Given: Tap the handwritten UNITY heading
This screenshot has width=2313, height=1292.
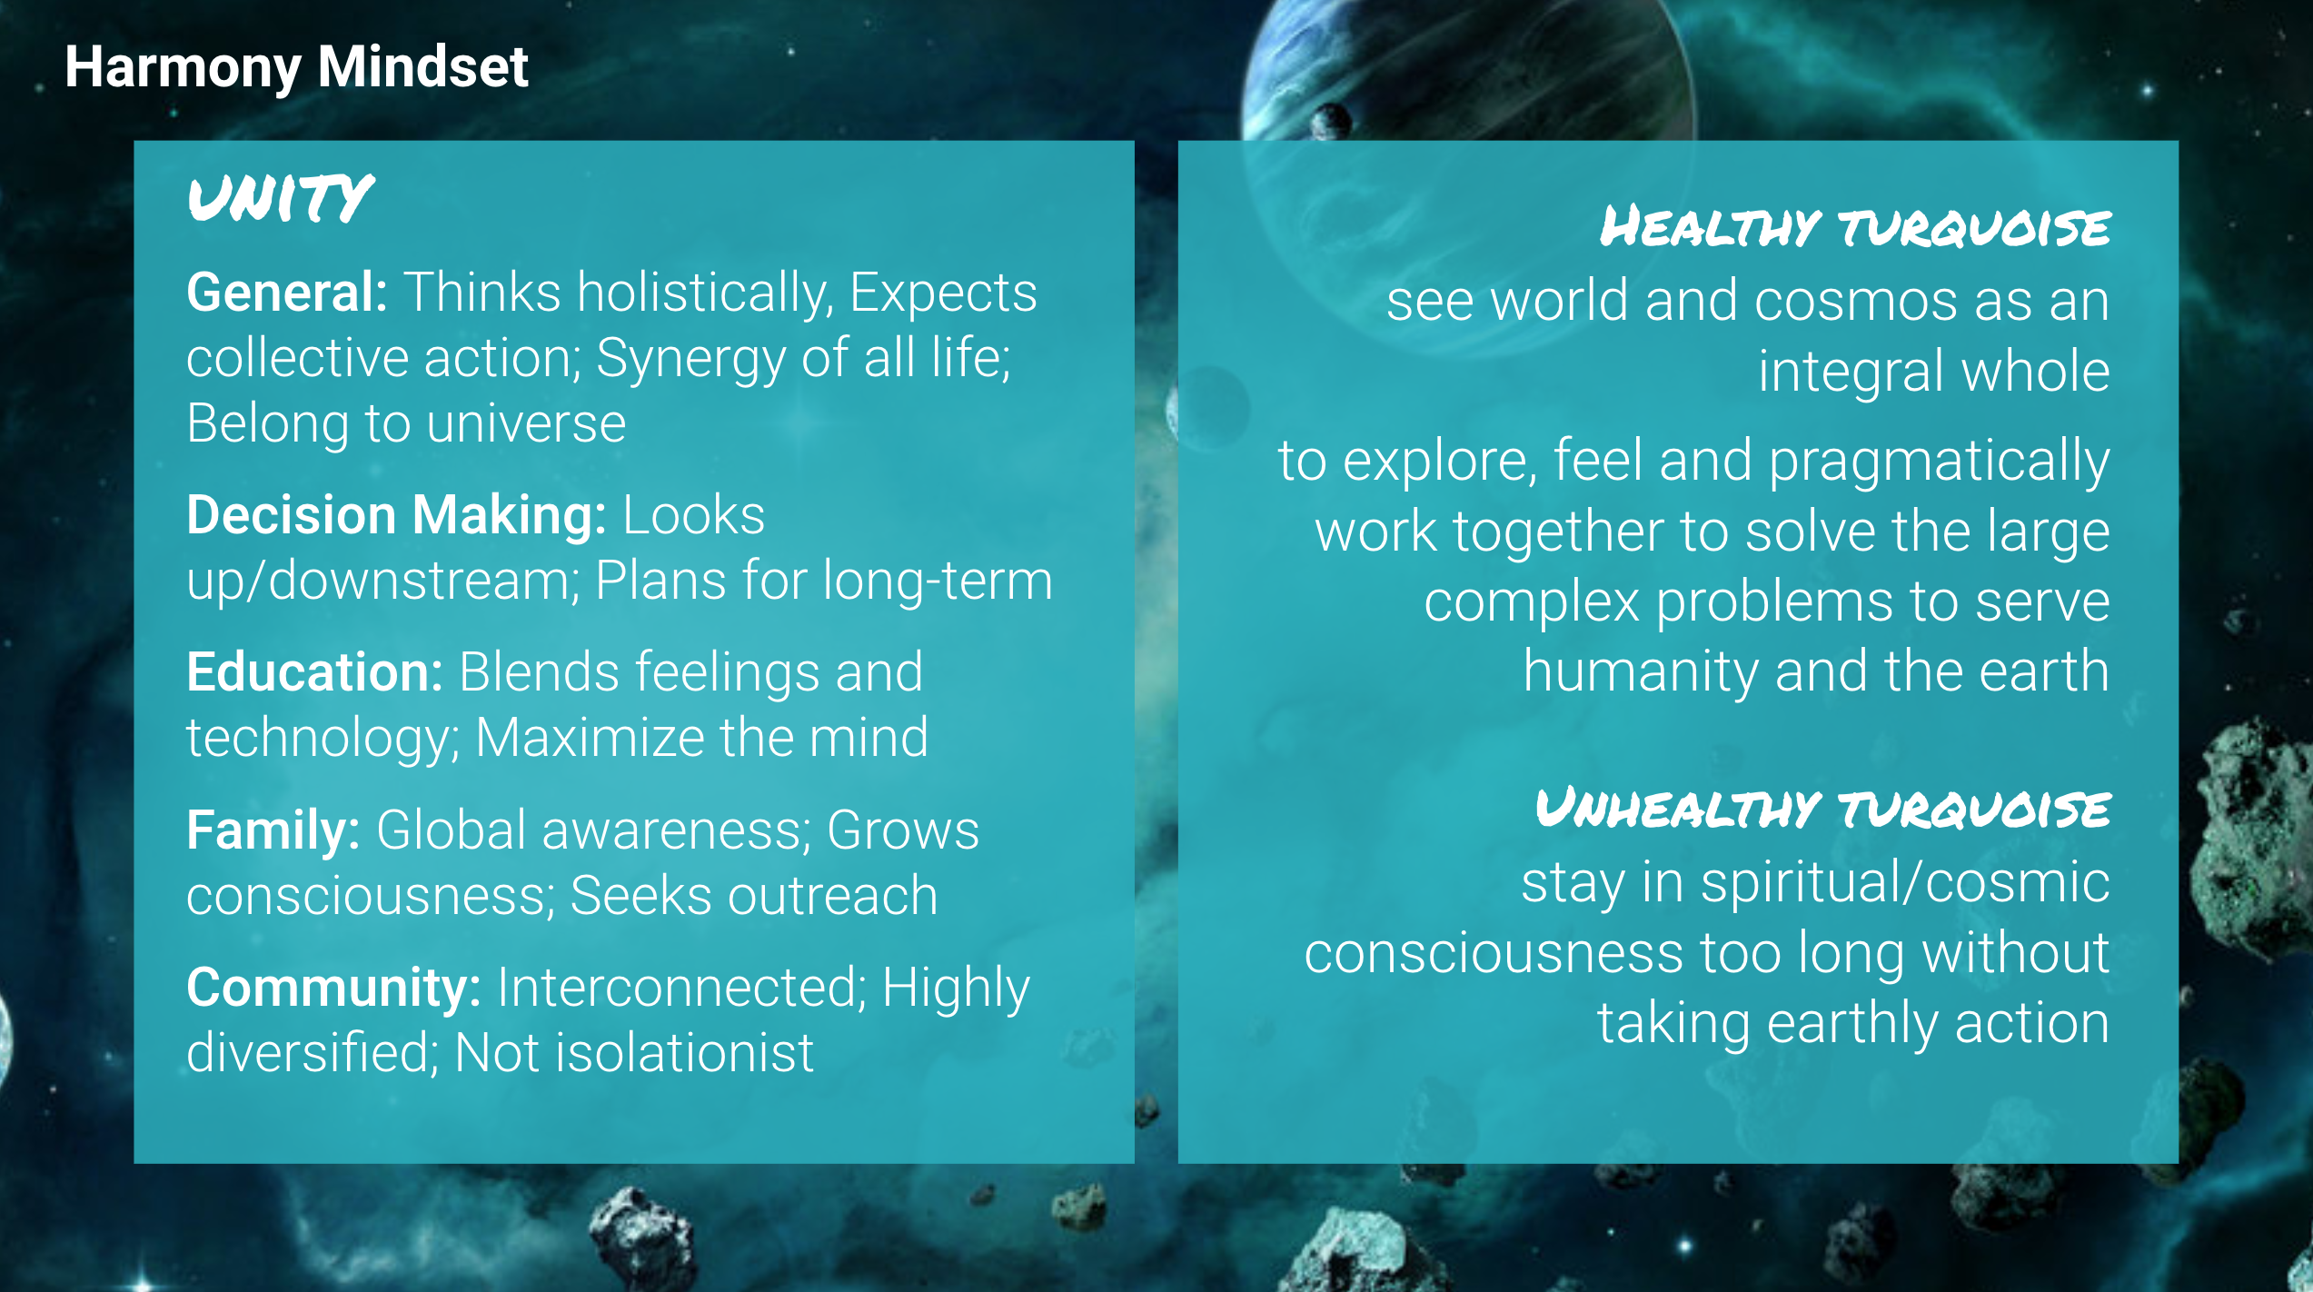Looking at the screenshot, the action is click(x=280, y=198).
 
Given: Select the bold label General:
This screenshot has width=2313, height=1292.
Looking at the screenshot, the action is click(x=287, y=293).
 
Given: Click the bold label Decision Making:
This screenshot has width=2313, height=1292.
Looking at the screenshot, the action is click(x=396, y=516).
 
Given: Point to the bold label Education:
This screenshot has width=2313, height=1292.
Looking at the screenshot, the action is click(x=314, y=672).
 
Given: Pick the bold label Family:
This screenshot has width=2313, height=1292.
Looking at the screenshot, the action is click(x=273, y=831).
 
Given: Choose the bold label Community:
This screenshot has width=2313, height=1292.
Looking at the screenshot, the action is click(x=333, y=988).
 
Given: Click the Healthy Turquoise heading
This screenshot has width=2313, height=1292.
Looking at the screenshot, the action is click(x=1855, y=225).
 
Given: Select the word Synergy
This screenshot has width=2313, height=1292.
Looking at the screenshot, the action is click(x=690, y=360).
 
